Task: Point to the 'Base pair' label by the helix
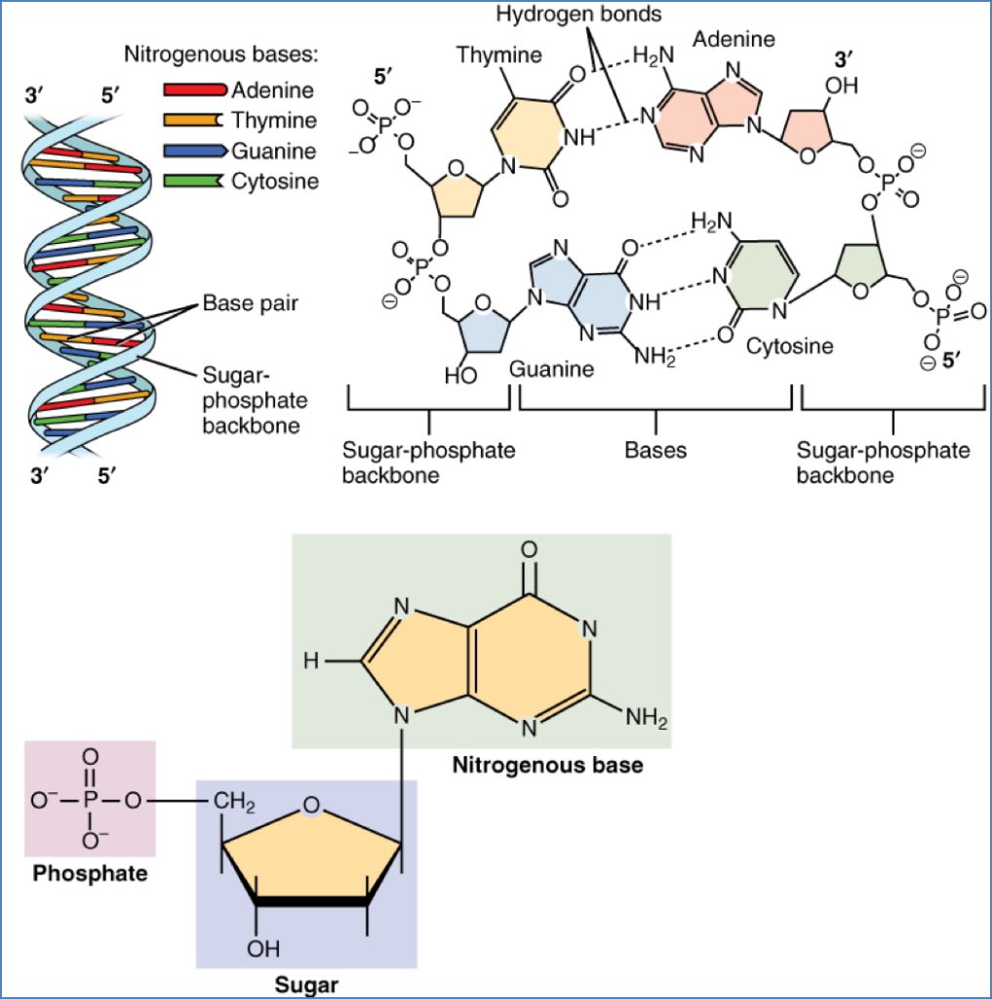pyautogui.click(x=250, y=303)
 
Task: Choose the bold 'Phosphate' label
pyautogui.click(x=90, y=873)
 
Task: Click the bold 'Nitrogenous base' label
pyautogui.click(x=547, y=765)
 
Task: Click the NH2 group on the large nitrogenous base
pyautogui.click(x=647, y=722)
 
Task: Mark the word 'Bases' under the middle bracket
pyautogui.click(x=655, y=450)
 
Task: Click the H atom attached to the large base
pyautogui.click(x=309, y=661)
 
